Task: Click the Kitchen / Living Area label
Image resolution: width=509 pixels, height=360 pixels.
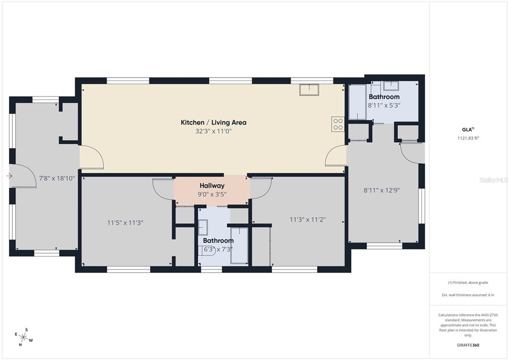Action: pyautogui.click(x=213, y=122)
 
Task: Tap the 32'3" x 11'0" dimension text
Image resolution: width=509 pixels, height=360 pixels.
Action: pyautogui.click(x=213, y=131)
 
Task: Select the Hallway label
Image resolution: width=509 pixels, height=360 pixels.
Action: pyautogui.click(x=212, y=185)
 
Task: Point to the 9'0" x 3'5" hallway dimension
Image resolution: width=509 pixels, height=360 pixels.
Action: pyautogui.click(x=212, y=194)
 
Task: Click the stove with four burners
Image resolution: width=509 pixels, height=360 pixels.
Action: pyautogui.click(x=338, y=124)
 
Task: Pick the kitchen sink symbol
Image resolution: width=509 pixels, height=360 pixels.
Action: pyautogui.click(x=309, y=90)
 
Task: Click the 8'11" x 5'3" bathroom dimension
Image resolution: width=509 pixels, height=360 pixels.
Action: pyautogui.click(x=384, y=105)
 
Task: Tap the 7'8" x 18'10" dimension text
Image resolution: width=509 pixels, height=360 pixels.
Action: pyautogui.click(x=57, y=178)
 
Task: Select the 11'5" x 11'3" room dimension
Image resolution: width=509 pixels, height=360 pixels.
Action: pyautogui.click(x=125, y=223)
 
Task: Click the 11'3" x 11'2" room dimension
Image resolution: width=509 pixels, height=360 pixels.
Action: pyautogui.click(x=307, y=220)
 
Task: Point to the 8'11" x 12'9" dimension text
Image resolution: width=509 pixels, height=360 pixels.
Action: pyautogui.click(x=382, y=190)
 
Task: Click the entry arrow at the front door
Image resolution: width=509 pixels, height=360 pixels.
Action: pyautogui.click(x=9, y=176)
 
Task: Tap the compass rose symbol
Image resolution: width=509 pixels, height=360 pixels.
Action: pyautogui.click(x=24, y=337)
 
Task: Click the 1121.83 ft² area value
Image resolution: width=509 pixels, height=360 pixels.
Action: pyautogui.click(x=468, y=138)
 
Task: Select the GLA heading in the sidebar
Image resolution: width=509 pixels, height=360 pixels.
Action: pyautogui.click(x=468, y=129)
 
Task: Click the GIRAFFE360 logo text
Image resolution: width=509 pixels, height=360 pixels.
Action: pyautogui.click(x=468, y=345)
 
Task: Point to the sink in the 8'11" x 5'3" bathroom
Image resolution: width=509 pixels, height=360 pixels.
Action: pyautogui.click(x=391, y=86)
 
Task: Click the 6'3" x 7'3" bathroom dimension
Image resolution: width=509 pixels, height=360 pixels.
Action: pyautogui.click(x=218, y=249)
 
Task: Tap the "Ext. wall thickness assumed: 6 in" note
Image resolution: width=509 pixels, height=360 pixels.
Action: pyautogui.click(x=468, y=295)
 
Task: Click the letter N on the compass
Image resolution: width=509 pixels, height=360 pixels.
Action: pyautogui.click(x=20, y=345)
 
